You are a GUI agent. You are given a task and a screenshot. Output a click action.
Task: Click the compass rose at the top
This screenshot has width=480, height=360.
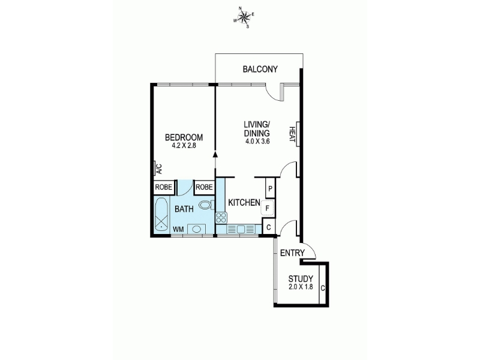click(x=244, y=19)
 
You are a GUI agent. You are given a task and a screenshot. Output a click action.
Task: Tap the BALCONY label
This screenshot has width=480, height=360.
click(x=260, y=69)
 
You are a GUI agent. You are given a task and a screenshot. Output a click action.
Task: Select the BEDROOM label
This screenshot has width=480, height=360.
click(x=184, y=137)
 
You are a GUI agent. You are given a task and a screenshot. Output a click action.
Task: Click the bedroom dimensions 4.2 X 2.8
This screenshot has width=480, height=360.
click(x=184, y=146)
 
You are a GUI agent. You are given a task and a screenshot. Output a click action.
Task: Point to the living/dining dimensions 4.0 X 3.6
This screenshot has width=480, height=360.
click(x=257, y=142)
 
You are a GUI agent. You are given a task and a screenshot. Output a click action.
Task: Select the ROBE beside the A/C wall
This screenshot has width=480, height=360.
click(x=164, y=187)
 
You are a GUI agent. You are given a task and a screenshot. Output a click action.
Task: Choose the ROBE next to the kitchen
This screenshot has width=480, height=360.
click(x=204, y=187)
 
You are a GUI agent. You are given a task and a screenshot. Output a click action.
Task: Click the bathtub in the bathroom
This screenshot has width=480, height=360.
click(x=161, y=214)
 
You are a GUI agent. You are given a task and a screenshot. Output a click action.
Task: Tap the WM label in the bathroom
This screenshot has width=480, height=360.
click(x=178, y=229)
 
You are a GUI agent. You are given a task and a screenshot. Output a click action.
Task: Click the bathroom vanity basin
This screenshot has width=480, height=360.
click(x=197, y=229)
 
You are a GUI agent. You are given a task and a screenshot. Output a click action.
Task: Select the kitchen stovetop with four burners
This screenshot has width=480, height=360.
click(x=221, y=218)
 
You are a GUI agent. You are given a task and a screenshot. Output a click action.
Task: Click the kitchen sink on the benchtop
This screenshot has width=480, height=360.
click(x=241, y=229)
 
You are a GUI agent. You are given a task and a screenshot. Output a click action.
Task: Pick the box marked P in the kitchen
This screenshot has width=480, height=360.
click(x=270, y=188)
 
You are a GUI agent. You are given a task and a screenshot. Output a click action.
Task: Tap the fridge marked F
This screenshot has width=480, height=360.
click(x=267, y=208)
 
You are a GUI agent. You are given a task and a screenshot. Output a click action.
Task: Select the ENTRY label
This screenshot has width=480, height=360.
click(x=292, y=253)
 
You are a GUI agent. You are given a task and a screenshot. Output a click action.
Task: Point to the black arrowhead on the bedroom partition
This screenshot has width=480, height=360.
click(x=215, y=154)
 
